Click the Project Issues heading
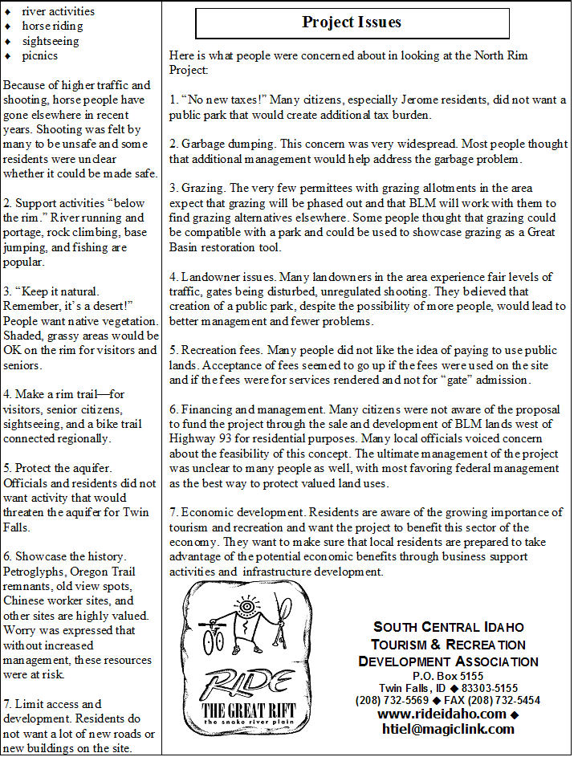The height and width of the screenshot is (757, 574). click(352, 22)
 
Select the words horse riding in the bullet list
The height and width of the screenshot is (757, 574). click(52, 26)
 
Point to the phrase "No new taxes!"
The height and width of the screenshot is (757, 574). click(224, 100)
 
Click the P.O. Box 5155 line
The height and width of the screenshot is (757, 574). click(448, 676)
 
